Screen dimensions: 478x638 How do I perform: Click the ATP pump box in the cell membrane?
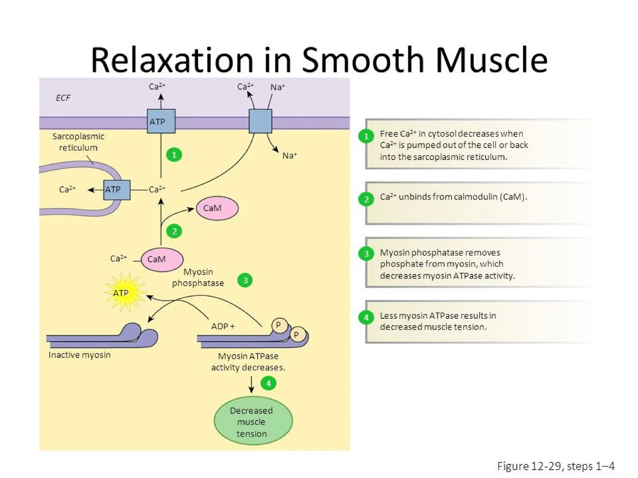point(161,121)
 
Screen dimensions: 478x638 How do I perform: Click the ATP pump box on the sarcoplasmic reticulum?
point(117,190)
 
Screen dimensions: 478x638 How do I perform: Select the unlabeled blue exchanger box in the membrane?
point(260,121)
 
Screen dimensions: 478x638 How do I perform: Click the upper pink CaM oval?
point(217,208)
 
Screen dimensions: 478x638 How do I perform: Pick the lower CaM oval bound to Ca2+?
point(162,259)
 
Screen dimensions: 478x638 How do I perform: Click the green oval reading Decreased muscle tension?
point(253,421)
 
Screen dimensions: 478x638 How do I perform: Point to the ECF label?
point(63,98)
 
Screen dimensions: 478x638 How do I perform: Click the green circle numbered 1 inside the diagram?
point(174,155)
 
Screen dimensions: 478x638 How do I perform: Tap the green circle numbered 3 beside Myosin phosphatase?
point(245,280)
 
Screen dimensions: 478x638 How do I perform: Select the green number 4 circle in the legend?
point(366,317)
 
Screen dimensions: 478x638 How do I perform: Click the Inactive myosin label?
point(79,355)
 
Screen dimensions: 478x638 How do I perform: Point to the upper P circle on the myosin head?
point(279,325)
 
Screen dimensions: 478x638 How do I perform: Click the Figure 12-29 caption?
point(555,466)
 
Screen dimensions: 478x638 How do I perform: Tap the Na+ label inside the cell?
point(289,156)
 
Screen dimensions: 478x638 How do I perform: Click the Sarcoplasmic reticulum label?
point(78,142)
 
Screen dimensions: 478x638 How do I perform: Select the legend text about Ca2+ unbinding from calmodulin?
point(453,197)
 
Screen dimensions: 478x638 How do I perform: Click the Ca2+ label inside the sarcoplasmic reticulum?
point(67,190)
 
